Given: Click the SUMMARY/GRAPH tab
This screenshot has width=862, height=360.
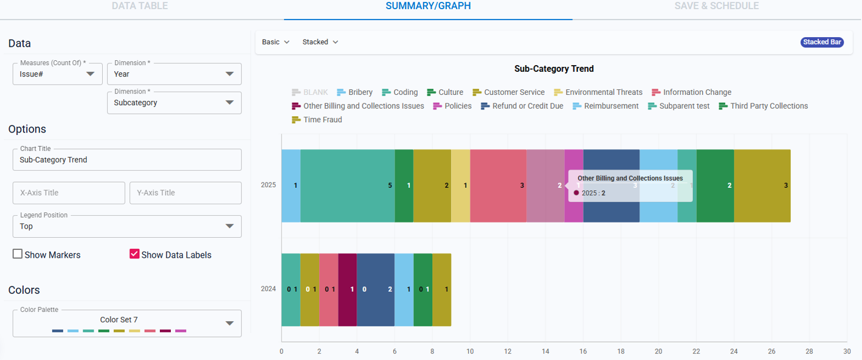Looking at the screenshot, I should [428, 6].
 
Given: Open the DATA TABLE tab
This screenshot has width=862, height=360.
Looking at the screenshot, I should [140, 6].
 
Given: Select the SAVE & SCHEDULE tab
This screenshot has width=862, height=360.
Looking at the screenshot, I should [716, 6].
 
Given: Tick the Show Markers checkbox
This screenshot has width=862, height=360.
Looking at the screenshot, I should [18, 254].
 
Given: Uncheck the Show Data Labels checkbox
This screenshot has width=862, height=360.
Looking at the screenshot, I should [135, 254].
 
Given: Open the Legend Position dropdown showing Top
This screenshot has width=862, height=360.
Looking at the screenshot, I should [126, 226].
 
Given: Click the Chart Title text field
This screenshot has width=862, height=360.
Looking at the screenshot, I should [126, 160].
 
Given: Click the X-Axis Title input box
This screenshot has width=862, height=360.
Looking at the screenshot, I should [68, 193].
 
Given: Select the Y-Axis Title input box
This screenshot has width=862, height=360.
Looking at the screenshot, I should [185, 193].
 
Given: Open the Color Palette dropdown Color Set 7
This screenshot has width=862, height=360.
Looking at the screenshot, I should [126, 323].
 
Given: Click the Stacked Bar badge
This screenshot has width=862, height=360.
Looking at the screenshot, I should [822, 42].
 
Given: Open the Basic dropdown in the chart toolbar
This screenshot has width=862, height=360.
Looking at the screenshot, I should [275, 42].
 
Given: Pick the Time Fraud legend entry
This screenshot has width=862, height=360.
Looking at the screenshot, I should [317, 120].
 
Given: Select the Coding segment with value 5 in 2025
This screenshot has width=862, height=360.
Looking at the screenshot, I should [347, 185].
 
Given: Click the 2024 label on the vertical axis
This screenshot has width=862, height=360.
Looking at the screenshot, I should [268, 289].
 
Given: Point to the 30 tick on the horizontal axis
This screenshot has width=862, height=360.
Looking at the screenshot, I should [847, 351].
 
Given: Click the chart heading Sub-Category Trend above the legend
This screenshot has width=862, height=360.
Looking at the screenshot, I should [554, 69].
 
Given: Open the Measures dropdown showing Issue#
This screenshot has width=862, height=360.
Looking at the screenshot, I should [57, 74].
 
